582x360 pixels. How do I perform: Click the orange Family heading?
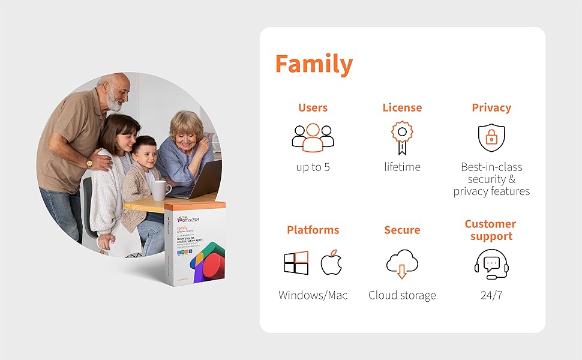pos(314,64)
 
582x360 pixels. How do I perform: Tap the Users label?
pos(313,108)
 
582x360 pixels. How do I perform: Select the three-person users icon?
pos(313,137)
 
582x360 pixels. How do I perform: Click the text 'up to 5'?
pos(313,167)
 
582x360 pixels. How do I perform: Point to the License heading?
pos(402,108)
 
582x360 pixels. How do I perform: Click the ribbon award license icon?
pos(401,139)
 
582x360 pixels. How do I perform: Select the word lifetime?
pos(402,167)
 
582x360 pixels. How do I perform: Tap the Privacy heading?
pos(491,108)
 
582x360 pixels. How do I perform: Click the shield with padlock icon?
pos(491,138)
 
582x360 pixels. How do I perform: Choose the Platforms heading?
pos(313,230)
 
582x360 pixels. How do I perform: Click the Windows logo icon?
pos(296,263)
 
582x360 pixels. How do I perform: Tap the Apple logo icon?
pos(331,263)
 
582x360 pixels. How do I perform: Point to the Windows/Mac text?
pos(313,295)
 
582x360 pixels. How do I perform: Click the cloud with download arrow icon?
pos(402,264)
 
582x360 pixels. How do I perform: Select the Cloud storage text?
pos(402,295)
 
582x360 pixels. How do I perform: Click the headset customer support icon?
pos(491,265)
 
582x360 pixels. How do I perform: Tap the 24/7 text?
pos(491,295)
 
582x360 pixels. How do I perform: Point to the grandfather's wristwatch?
pos(90,163)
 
